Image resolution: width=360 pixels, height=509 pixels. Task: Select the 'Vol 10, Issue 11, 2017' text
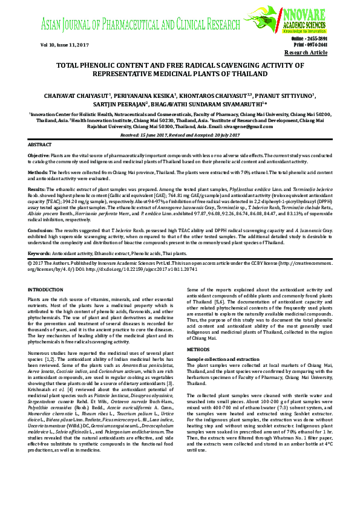48,45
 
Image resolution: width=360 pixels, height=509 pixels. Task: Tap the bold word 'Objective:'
39,156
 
